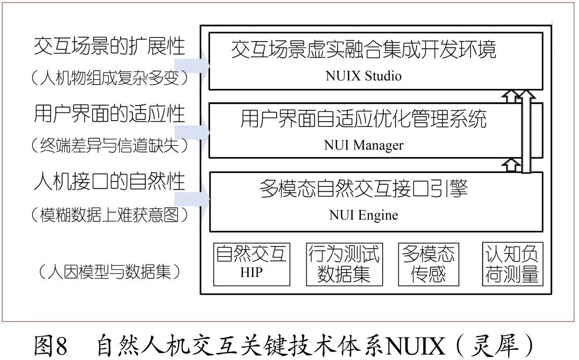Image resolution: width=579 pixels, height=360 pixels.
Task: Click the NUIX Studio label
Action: click(363, 76)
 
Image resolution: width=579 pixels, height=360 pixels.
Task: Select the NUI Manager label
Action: click(363, 145)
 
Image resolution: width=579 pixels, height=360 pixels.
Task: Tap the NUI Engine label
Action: click(363, 215)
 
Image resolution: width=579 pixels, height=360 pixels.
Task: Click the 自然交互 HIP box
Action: click(251, 264)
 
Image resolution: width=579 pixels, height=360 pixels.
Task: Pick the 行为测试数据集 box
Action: click(344, 264)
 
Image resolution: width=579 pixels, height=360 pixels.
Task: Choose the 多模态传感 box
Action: click(428, 264)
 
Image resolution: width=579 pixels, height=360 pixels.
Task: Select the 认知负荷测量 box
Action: click(512, 264)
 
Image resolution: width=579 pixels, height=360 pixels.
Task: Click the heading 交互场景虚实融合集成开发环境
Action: click(363, 49)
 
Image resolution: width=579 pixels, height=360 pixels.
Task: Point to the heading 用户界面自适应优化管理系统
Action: click(363, 119)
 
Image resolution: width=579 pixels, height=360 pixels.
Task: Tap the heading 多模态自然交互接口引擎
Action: click(363, 189)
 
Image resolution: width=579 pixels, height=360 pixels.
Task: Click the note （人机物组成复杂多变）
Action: click(109, 78)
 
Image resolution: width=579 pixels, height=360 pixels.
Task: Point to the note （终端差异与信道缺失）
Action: click(109, 145)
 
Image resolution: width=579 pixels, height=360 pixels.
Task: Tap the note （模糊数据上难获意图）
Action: click(109, 215)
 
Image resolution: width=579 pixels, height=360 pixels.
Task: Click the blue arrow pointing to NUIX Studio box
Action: click(192, 65)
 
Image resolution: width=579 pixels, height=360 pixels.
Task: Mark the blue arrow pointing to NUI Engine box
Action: click(192, 200)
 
